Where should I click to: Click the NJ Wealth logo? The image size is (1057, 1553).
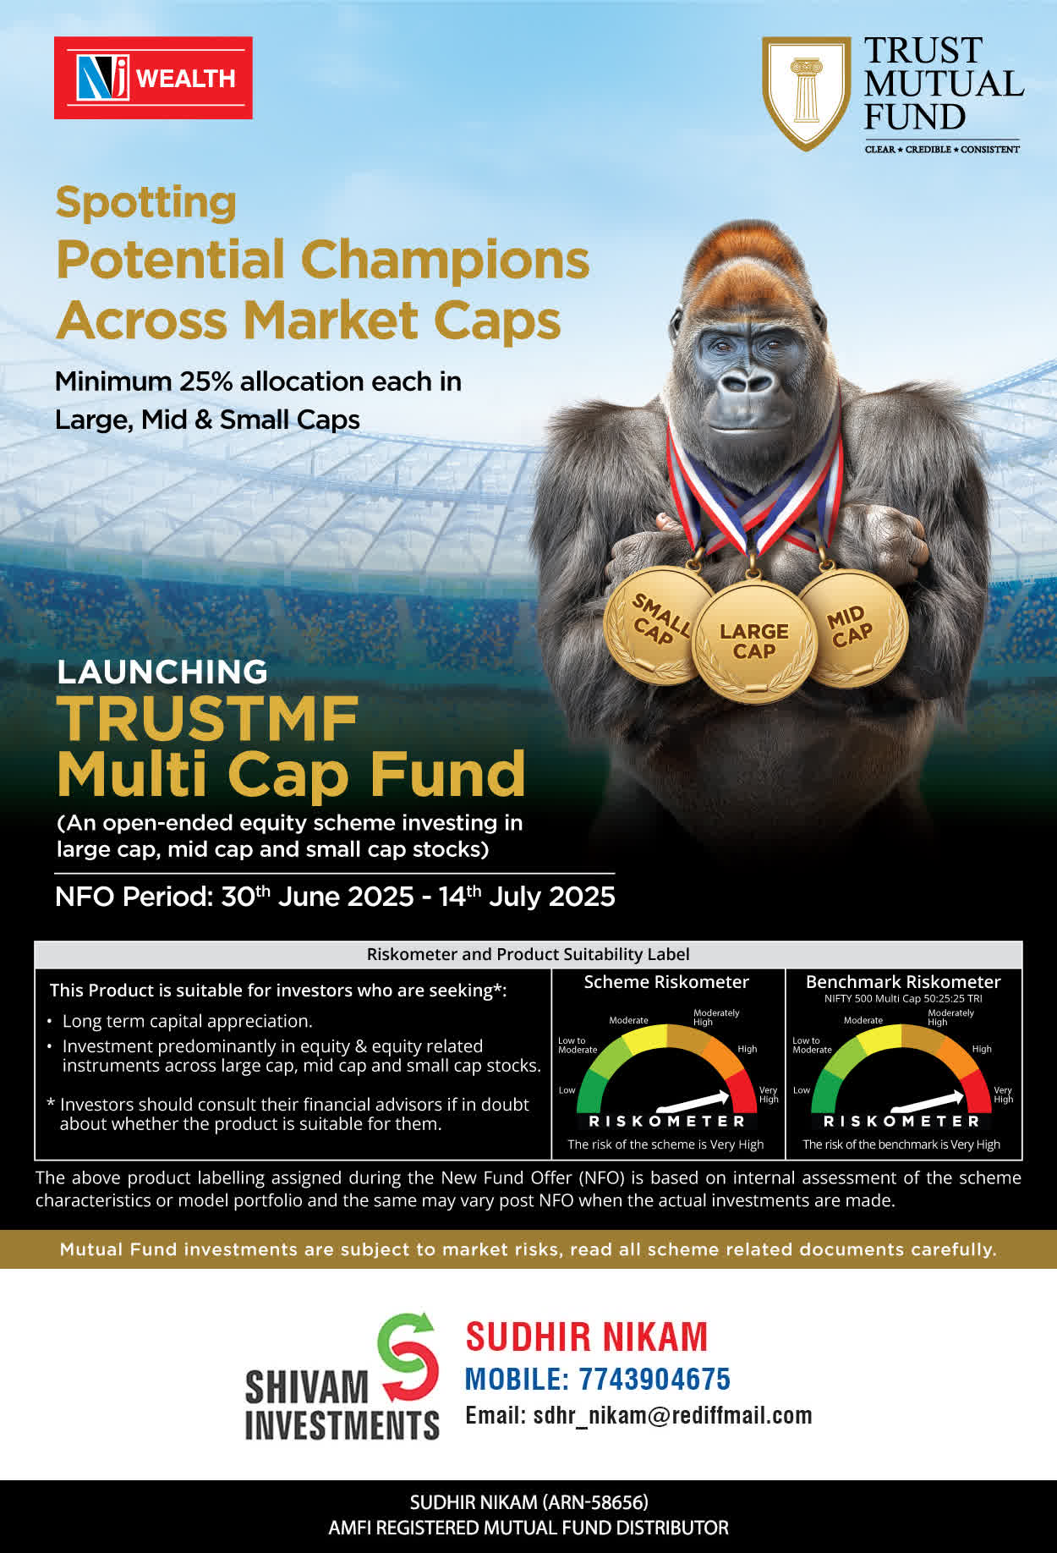click(x=153, y=78)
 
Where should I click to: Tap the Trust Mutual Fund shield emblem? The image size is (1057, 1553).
click(x=806, y=93)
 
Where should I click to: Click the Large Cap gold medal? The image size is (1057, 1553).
click(x=753, y=641)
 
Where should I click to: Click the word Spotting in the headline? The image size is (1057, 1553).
click(x=145, y=203)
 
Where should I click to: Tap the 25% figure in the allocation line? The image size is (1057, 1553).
click(x=205, y=381)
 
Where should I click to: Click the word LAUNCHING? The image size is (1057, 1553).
click(x=162, y=672)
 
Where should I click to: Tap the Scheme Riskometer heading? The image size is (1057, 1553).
click(x=666, y=982)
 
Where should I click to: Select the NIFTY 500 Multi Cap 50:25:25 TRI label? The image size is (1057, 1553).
click(x=903, y=999)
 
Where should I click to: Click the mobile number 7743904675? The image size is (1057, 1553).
click(x=654, y=1380)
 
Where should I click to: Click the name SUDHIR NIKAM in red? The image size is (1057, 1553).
click(x=587, y=1337)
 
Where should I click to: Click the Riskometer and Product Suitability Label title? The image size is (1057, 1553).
click(x=528, y=954)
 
